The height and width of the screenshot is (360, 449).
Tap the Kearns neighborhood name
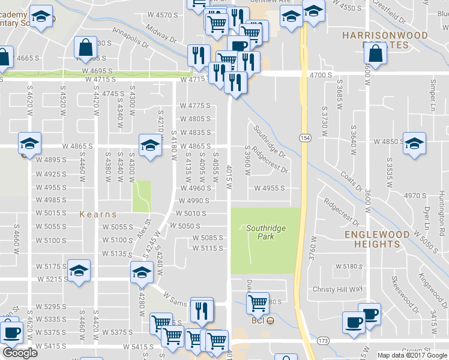(x=98, y=214)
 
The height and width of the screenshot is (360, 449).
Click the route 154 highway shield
(x=305, y=138)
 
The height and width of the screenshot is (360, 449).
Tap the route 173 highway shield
(x=325, y=340)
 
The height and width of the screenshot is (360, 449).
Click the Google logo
(x=20, y=353)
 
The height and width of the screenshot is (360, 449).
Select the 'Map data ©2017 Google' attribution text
(x=412, y=355)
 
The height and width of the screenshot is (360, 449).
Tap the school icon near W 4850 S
(x=414, y=143)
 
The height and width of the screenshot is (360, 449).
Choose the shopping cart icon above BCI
(x=258, y=303)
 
